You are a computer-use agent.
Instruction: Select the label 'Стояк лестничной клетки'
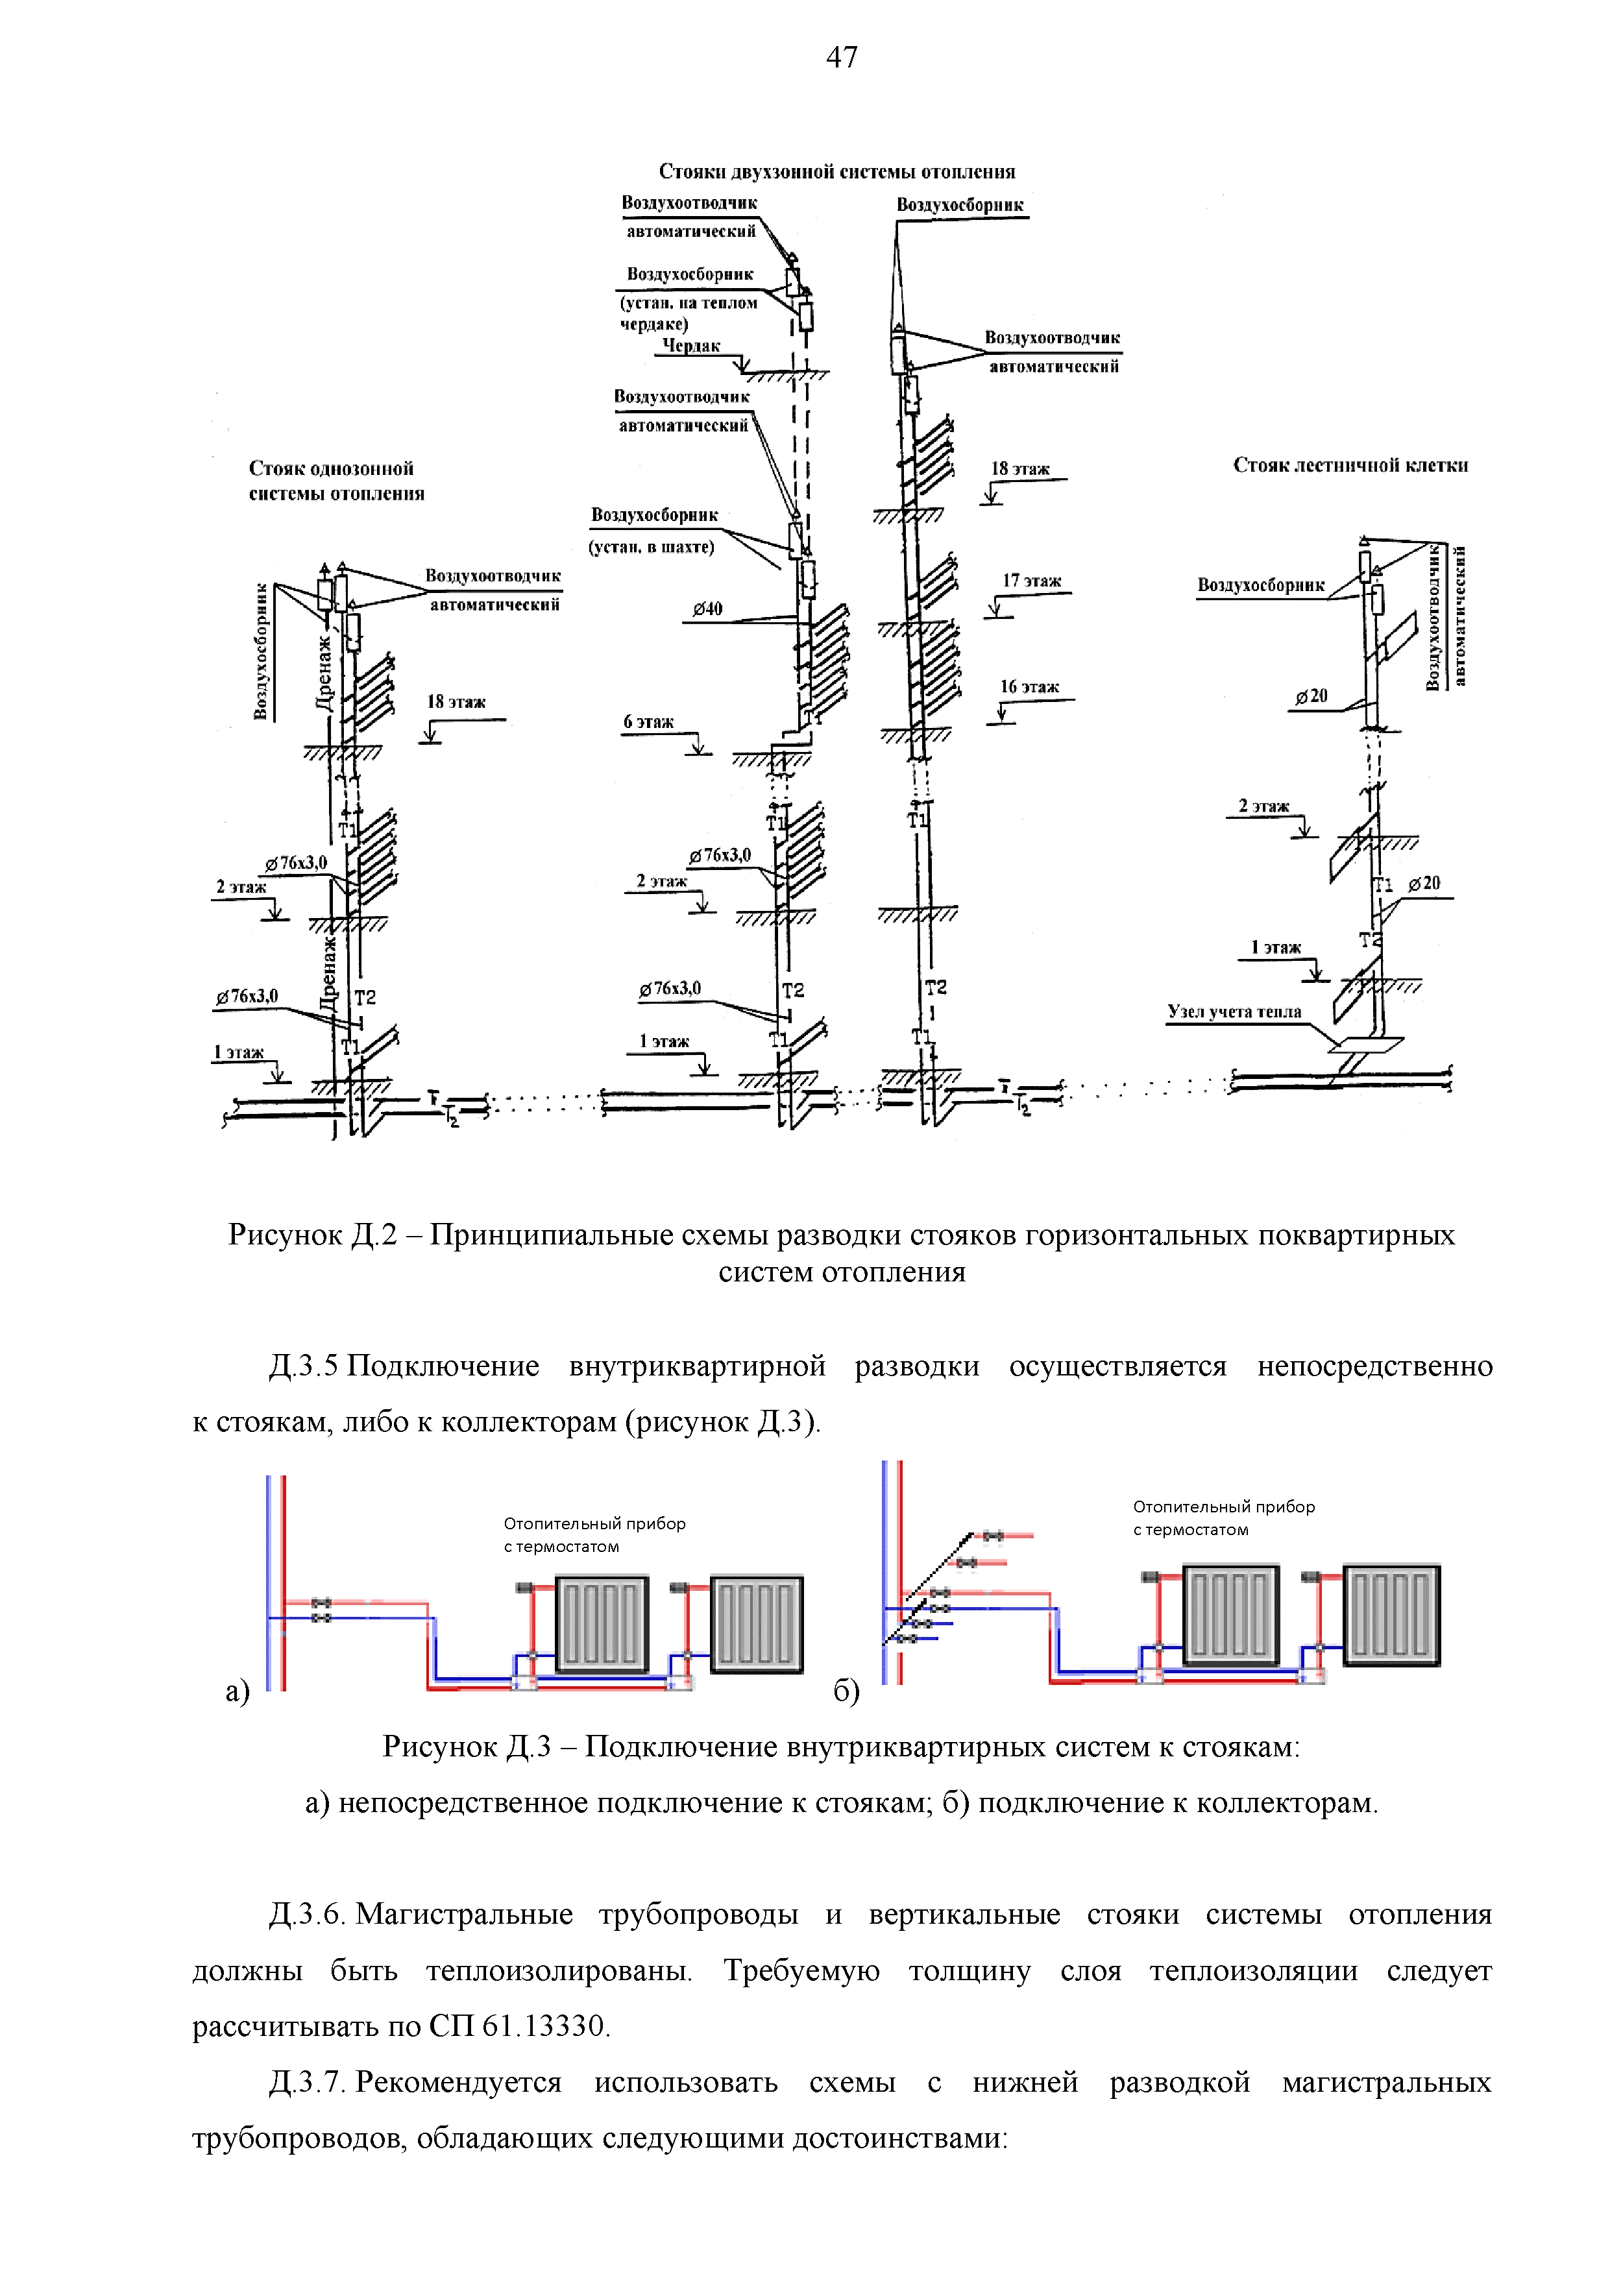[1350, 465]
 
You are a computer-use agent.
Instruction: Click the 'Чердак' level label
[691, 346]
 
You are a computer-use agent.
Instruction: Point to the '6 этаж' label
[648, 721]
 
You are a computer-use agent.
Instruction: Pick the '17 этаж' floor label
[1031, 580]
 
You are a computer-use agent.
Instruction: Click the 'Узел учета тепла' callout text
[1234, 1011]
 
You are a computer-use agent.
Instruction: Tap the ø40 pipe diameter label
[707, 609]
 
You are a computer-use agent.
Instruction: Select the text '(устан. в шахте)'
[652, 546]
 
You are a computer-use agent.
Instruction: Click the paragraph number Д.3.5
[303, 1366]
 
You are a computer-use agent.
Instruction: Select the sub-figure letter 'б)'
[846, 1690]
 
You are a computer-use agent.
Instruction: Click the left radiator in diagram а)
[602, 1623]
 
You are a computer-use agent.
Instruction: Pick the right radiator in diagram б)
[1390, 1615]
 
